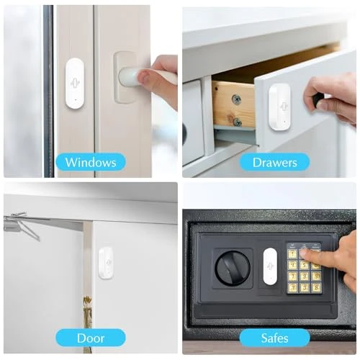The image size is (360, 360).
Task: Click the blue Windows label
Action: coord(90,162)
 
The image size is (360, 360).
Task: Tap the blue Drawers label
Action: coord(275,162)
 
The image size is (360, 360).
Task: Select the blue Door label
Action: coord(90,337)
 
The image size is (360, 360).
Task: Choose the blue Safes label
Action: coord(274,337)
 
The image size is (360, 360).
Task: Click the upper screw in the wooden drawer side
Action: coord(236,99)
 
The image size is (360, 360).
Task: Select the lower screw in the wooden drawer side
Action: coord(237,122)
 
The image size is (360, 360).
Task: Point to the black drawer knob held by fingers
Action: coord(317,102)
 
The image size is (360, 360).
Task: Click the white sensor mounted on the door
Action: coord(105,263)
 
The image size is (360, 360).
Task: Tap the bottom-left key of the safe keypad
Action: coord(292,287)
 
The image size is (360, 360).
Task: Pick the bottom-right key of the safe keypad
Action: coord(315,287)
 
